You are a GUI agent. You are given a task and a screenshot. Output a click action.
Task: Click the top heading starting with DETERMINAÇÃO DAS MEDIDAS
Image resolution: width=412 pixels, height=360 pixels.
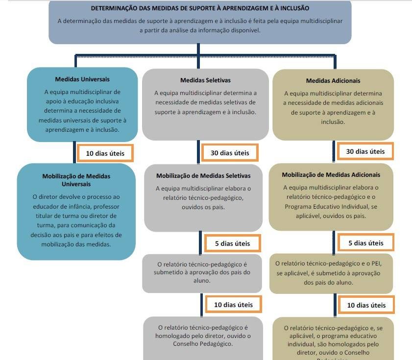click(x=200, y=8)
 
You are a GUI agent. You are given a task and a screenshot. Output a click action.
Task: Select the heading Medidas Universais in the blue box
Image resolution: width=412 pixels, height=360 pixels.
click(x=82, y=79)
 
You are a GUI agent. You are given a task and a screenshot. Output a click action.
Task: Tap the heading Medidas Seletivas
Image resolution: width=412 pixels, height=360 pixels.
click(x=205, y=80)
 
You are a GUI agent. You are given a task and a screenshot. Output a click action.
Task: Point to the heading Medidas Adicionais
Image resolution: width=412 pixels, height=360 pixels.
click(x=333, y=80)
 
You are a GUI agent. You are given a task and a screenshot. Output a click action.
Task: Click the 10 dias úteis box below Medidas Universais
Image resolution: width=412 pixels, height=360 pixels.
click(x=105, y=153)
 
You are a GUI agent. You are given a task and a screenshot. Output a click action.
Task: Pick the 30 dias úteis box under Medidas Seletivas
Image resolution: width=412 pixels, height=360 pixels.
click(x=230, y=153)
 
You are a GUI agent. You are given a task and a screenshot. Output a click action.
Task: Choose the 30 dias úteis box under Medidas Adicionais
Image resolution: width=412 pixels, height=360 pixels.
click(x=365, y=151)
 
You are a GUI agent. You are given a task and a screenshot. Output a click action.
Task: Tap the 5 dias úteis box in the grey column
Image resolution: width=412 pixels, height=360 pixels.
click(x=232, y=243)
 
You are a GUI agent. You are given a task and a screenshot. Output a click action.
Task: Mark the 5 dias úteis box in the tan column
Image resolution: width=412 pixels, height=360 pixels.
click(x=365, y=243)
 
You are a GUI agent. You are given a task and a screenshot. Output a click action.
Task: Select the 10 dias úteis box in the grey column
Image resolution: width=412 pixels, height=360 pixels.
click(x=233, y=305)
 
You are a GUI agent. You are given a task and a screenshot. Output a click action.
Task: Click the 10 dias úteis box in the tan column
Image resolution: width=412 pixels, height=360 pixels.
click(x=366, y=305)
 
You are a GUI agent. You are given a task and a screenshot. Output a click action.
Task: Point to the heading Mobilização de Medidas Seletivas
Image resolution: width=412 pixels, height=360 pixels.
click(x=203, y=175)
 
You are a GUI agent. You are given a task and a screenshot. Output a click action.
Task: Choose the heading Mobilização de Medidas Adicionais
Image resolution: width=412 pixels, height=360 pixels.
click(x=331, y=174)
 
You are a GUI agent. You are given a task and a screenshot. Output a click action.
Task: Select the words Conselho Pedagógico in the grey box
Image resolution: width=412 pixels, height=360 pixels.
click(x=203, y=343)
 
